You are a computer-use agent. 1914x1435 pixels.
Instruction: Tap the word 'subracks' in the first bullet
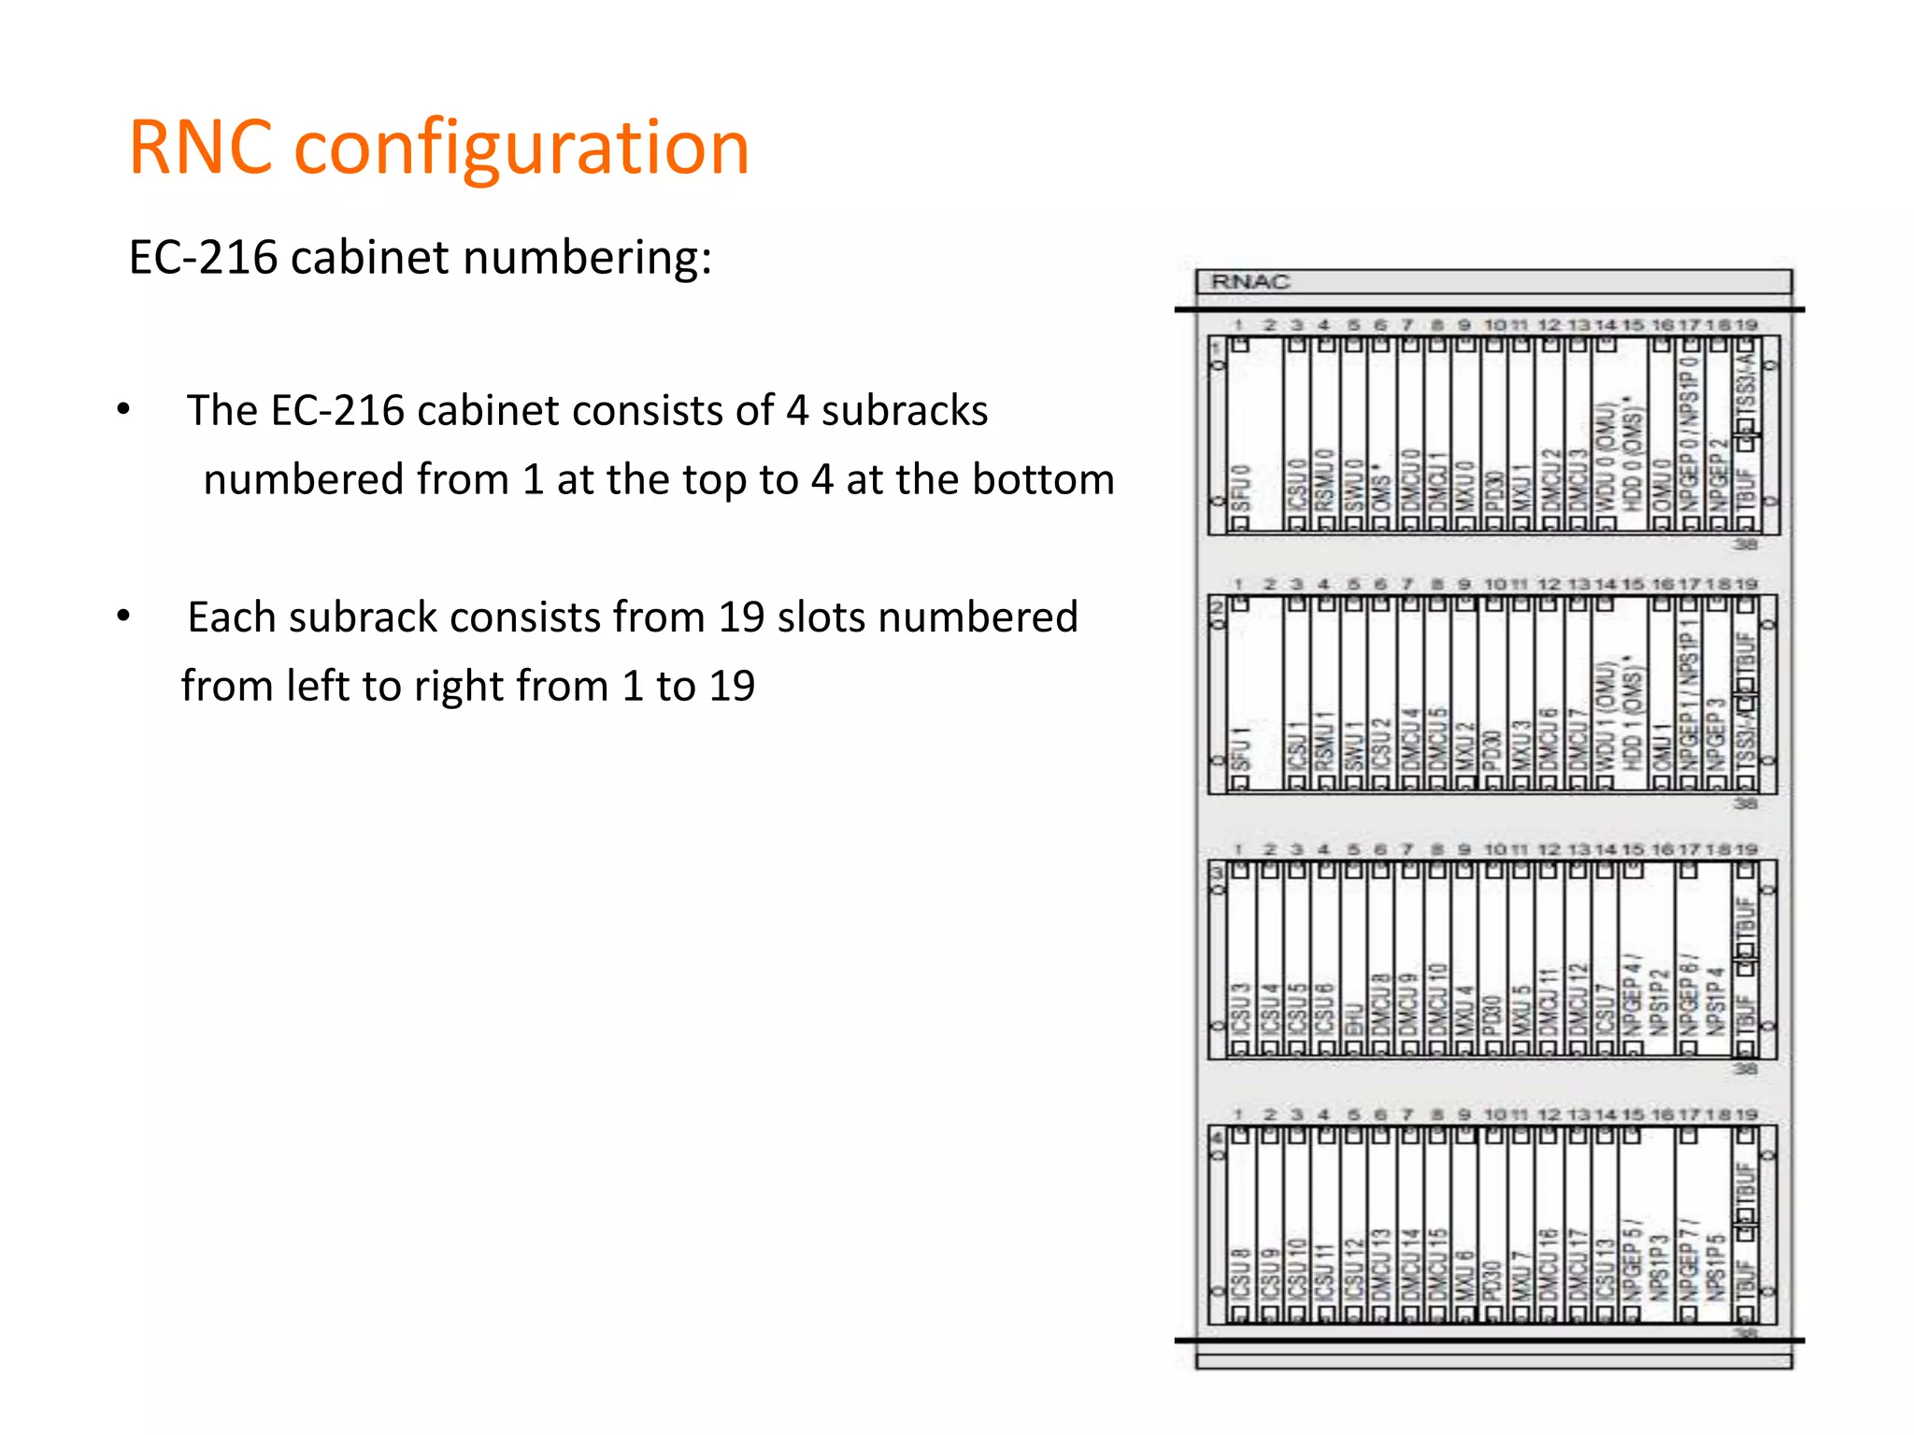904,411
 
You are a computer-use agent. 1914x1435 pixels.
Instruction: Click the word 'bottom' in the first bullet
1043,479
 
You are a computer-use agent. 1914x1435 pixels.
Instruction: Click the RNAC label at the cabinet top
1250,281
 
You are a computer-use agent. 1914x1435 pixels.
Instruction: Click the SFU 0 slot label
1240,487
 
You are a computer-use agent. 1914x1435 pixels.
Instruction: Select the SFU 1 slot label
1240,747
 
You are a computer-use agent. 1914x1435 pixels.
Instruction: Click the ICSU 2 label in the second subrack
1380,744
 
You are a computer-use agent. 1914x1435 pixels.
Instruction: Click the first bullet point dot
123,409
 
